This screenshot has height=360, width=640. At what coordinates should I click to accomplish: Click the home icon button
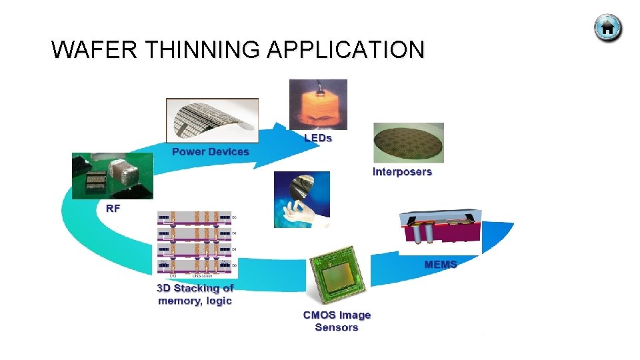[607, 28]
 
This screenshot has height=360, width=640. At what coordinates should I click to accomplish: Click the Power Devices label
[210, 151]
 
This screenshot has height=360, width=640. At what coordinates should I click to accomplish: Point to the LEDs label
[318, 138]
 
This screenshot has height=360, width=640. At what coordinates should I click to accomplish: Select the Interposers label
[402, 172]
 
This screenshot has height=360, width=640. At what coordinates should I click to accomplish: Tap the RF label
[113, 208]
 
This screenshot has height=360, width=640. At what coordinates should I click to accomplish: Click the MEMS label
[441, 265]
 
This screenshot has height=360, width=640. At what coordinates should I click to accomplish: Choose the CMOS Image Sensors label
[337, 321]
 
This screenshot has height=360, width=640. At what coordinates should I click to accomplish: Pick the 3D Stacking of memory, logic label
[195, 295]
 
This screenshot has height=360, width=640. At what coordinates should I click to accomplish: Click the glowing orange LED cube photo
[318, 104]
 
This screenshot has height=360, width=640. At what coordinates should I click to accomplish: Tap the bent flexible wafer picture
[212, 120]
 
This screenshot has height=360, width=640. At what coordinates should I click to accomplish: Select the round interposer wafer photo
[408, 142]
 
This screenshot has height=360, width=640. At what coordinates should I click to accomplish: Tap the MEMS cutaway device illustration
[440, 230]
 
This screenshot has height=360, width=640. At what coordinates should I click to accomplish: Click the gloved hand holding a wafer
[301, 199]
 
